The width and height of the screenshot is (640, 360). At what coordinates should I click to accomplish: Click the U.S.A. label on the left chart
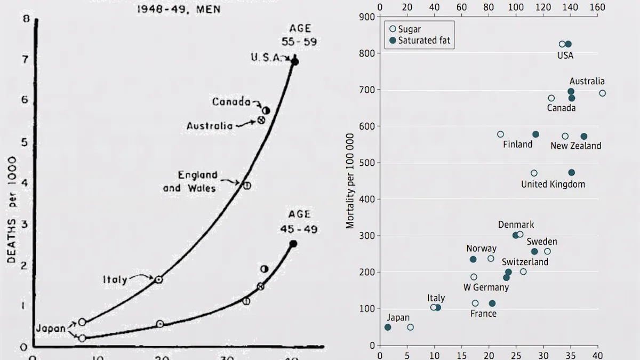point(265,58)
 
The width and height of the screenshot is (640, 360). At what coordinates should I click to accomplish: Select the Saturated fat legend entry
point(425,40)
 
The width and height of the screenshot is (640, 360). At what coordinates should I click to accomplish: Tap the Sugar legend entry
point(410,29)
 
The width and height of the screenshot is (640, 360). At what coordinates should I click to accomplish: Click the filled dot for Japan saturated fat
point(388,327)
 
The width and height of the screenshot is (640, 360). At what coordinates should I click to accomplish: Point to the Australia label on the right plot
point(587,81)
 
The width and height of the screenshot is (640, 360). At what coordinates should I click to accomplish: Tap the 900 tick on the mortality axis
point(366,17)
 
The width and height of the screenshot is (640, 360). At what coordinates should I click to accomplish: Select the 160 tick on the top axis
point(598,8)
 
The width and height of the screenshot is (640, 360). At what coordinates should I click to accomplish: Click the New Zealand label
point(575,146)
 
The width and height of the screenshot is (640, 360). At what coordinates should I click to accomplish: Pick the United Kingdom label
point(553,184)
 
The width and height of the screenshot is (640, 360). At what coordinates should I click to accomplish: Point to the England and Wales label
point(190,181)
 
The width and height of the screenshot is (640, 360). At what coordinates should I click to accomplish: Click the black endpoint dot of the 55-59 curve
point(294,62)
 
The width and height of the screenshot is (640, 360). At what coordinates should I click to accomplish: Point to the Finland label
point(517,144)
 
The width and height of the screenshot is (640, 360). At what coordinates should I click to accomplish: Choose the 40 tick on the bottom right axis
point(598,353)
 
